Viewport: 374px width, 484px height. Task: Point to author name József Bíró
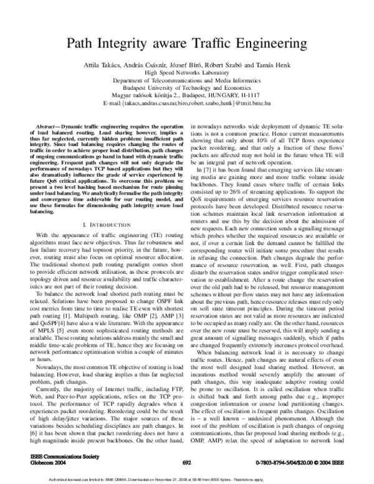[x=185, y=65]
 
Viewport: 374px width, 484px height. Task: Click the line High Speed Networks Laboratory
[x=187, y=73]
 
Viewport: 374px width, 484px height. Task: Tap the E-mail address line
[x=187, y=102]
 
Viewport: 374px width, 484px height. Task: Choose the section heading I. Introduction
[x=100, y=205]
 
